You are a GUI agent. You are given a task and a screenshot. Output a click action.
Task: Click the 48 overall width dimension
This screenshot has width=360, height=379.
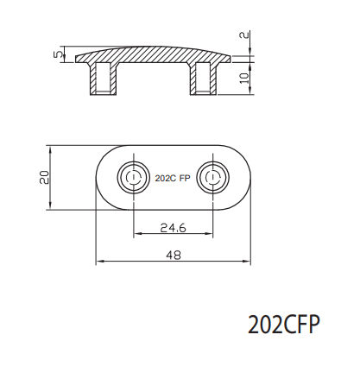coord(173,255)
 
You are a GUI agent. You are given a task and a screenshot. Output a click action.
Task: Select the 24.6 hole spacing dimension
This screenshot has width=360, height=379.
coord(174,228)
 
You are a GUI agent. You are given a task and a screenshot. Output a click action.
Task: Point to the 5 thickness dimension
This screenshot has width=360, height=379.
coord(58,54)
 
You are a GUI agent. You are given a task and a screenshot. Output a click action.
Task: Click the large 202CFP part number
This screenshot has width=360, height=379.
coord(283,325)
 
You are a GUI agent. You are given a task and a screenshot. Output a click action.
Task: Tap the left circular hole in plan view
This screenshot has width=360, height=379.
coord(133,177)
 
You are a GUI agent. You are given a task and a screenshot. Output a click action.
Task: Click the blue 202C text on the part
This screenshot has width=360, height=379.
coord(164,178)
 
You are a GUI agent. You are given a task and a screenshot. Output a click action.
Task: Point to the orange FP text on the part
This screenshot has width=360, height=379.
coord(185,178)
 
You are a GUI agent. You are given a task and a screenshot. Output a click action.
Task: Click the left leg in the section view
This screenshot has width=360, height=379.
coord(101,79)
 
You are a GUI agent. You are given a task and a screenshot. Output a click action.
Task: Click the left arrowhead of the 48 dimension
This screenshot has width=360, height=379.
coord(98,261)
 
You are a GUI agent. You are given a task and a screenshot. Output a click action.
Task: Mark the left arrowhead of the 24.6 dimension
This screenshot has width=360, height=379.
coord(136,234)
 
